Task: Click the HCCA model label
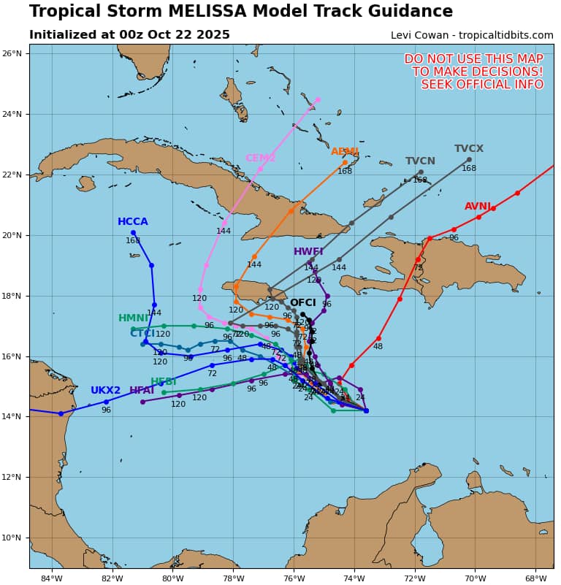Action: [132, 222]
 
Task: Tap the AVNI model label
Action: [478, 207]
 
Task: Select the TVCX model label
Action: [468, 149]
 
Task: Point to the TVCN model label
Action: [420, 161]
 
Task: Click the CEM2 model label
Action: [260, 158]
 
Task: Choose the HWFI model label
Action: [308, 252]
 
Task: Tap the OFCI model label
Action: [302, 303]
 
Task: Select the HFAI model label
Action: [142, 391]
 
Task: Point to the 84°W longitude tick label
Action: [51, 579]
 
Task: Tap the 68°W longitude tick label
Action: [535, 579]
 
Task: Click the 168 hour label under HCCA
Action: [133, 240]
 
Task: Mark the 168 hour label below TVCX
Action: [468, 169]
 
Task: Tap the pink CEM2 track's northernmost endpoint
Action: [318, 99]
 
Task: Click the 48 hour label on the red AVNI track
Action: [378, 347]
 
